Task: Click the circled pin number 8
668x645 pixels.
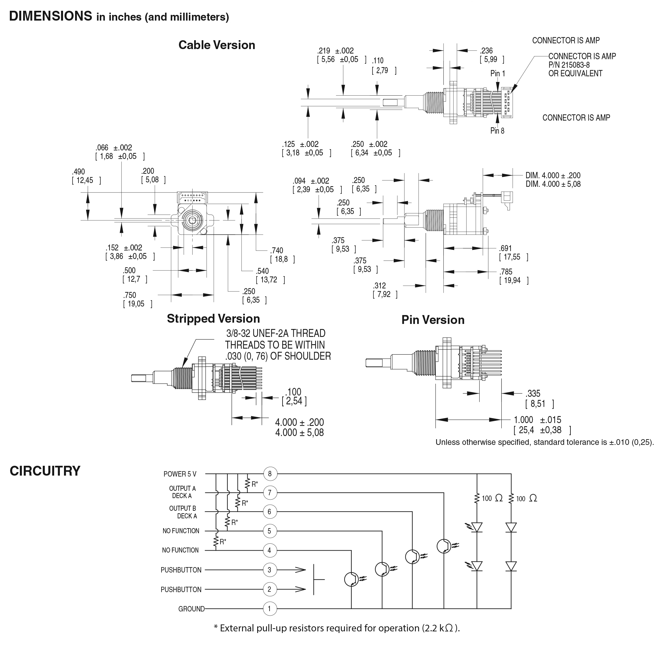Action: point(270,474)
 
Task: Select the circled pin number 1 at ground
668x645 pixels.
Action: point(270,609)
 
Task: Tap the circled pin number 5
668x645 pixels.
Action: point(270,531)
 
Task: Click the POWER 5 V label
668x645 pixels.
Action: point(180,474)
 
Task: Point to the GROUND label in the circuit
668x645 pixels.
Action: point(191,609)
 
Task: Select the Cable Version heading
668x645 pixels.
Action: point(217,45)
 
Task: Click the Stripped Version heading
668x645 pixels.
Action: point(213,319)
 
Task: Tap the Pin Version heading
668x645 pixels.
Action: point(433,319)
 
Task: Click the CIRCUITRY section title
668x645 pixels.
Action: point(45,471)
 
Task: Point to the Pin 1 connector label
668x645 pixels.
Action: point(498,73)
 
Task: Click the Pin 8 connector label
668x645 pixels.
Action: point(497,130)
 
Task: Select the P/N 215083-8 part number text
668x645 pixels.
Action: point(569,65)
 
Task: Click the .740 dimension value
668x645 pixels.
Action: point(277,250)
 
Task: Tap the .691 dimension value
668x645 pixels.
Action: point(506,248)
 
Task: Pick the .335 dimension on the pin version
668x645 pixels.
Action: point(533,394)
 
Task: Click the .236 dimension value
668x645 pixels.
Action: point(486,50)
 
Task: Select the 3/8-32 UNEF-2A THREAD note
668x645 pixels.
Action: point(276,333)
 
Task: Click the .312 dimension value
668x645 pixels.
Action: point(379,286)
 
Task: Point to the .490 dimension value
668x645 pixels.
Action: point(78,172)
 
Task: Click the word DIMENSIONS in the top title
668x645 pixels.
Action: point(50,16)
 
